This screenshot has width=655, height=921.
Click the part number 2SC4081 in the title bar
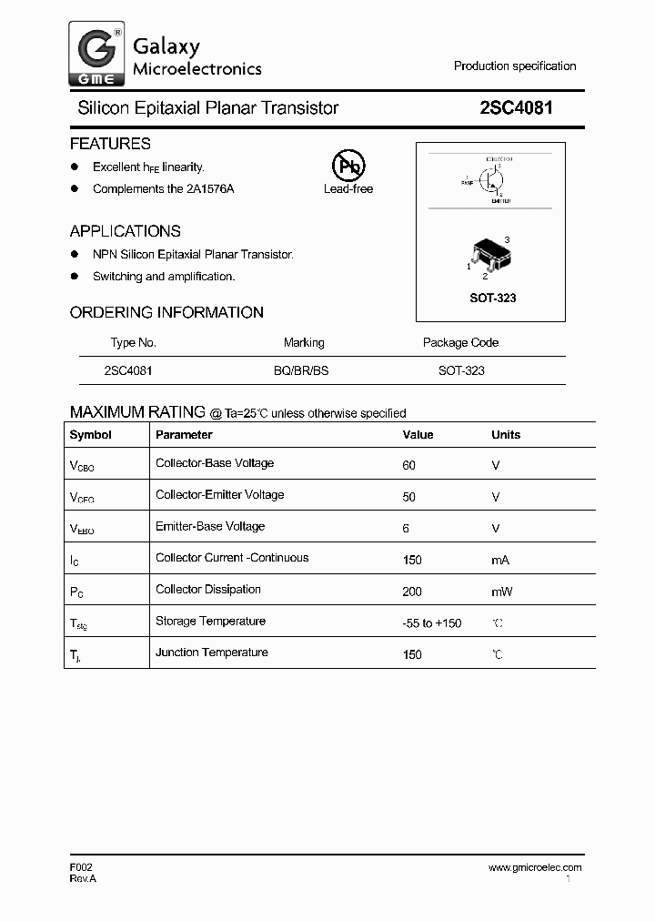click(516, 108)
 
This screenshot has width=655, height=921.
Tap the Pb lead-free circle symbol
click(348, 166)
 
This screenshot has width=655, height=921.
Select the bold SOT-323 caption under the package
click(492, 298)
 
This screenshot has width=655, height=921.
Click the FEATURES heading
click(110, 144)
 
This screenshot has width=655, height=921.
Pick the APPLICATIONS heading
click(126, 231)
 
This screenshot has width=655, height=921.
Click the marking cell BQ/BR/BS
click(304, 371)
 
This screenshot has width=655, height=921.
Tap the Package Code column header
click(460, 343)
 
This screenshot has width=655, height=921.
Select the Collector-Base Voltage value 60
click(408, 465)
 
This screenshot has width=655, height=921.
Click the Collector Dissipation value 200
click(412, 592)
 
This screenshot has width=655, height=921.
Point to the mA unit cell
click(500, 561)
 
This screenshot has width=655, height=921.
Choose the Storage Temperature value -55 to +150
click(432, 623)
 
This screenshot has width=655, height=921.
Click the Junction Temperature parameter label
click(212, 653)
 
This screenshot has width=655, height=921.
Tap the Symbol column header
click(91, 435)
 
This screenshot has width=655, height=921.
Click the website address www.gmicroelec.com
click(535, 868)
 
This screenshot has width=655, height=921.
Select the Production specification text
click(515, 66)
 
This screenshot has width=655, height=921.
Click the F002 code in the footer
click(81, 868)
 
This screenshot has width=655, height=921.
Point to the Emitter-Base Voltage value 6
click(406, 528)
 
